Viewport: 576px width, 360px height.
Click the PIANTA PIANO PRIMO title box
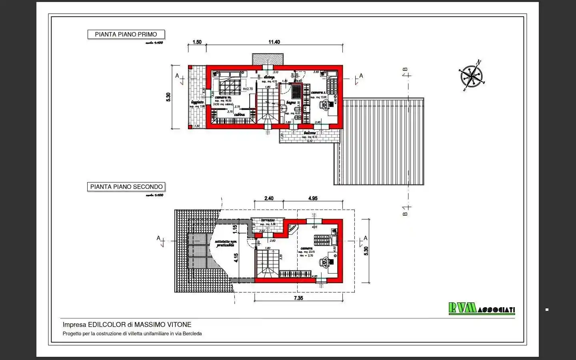coord(126,34)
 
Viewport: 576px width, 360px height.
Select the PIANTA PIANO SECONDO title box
coord(126,187)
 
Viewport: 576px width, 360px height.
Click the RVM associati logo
coord(482,308)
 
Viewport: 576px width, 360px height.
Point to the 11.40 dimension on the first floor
coord(274,42)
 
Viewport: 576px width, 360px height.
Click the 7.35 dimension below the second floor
coord(298,298)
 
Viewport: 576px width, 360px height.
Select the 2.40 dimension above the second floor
coord(269,198)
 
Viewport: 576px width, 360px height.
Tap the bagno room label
coord(291,103)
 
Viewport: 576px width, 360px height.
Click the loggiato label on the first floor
coord(197,102)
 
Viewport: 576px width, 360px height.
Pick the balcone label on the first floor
coord(310,133)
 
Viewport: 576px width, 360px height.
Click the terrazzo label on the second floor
coord(268,220)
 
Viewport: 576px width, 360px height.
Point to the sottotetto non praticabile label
coord(226,243)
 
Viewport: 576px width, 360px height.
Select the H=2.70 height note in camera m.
coord(248,89)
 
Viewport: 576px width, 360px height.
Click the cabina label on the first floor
coord(239,115)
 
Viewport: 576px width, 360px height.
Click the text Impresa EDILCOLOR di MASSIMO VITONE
coord(127,325)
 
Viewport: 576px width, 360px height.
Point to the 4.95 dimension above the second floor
coord(313,198)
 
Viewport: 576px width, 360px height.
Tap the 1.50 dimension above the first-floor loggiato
coord(197,42)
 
